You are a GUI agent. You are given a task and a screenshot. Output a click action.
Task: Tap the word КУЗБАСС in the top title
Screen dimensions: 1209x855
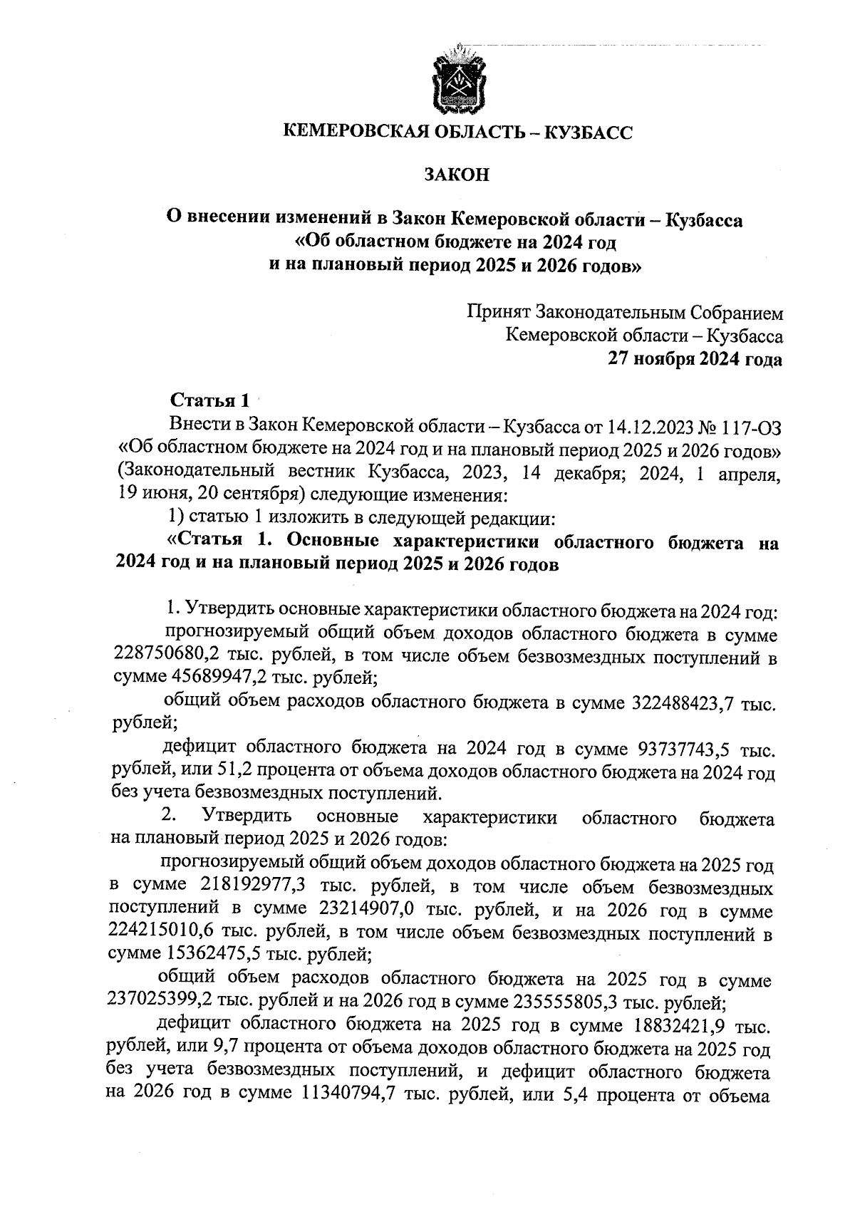click(x=586, y=132)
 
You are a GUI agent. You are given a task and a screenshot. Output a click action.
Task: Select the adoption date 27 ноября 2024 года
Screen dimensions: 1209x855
click(x=694, y=359)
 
